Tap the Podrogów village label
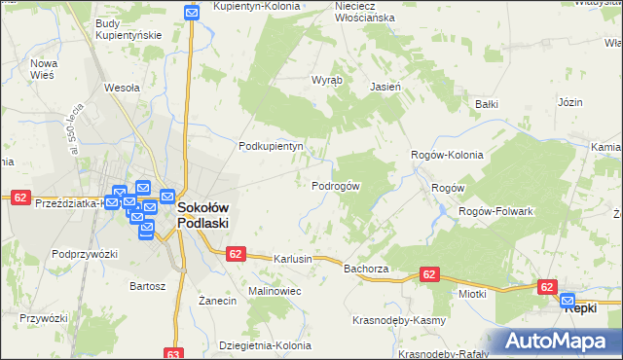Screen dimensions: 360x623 pyautogui.click(x=336, y=186)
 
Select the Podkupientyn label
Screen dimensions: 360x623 pyautogui.click(x=273, y=147)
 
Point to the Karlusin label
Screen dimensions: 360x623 pyautogui.click(x=293, y=260)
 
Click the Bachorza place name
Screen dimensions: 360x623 pyautogui.click(x=366, y=268)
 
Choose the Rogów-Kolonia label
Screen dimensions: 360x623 pyautogui.click(x=447, y=155)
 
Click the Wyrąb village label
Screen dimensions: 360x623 pyautogui.click(x=325, y=81)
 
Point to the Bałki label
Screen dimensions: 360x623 pyautogui.click(x=486, y=103)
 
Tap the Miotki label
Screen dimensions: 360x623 pyautogui.click(x=472, y=293)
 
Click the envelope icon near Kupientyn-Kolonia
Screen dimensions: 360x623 pyautogui.click(x=192, y=13)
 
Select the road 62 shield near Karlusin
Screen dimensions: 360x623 pyautogui.click(x=235, y=253)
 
